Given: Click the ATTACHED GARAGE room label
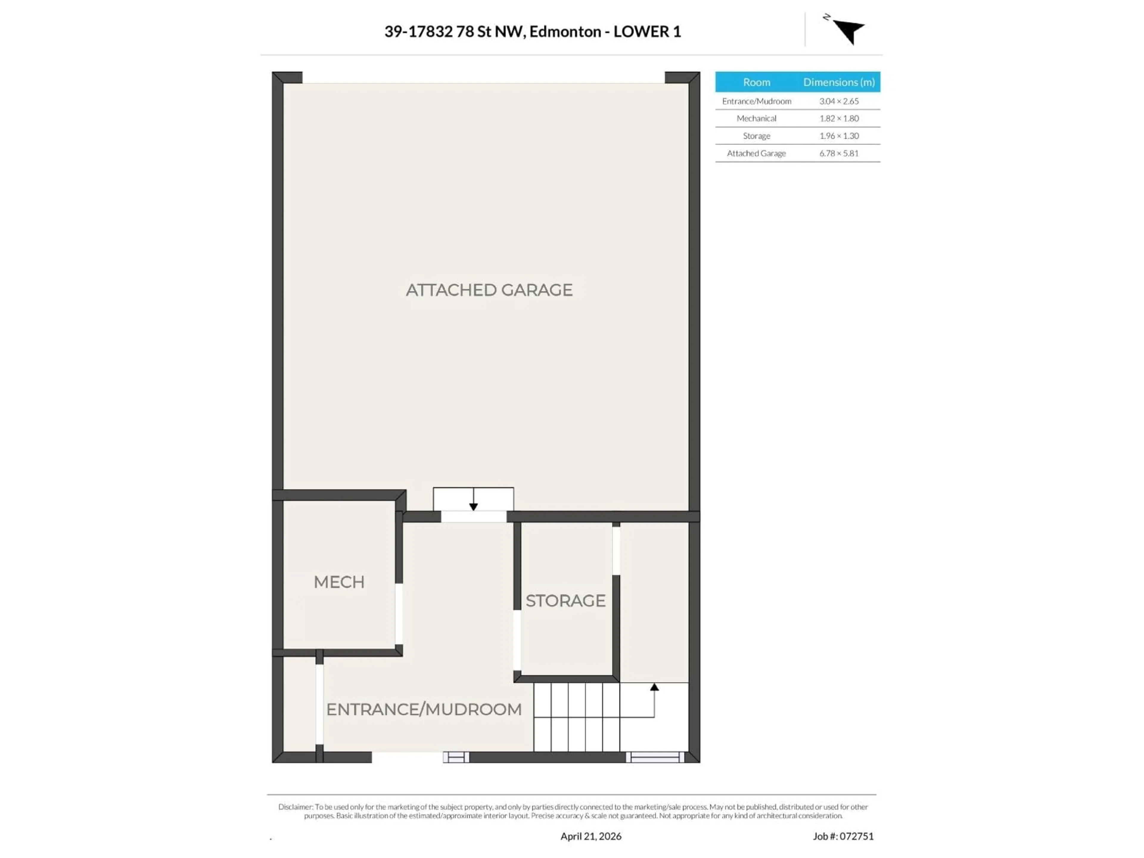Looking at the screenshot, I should point(489,290).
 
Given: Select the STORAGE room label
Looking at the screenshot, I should point(565,601).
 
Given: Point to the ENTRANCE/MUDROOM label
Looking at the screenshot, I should point(424,710).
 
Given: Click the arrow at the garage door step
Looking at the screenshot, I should point(473,506).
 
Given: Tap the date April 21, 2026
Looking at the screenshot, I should point(590,836).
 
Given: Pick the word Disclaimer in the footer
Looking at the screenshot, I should point(295,807).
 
